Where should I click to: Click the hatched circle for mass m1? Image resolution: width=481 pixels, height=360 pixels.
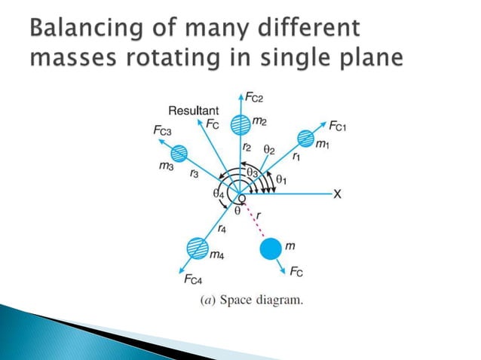305,139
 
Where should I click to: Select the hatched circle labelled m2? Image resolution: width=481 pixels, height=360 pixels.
240,124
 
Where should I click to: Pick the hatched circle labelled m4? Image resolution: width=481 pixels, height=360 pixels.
195,248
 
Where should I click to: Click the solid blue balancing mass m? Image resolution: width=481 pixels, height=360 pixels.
271,247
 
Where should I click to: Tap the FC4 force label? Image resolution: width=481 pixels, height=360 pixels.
193,280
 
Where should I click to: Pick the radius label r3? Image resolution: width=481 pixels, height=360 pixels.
195,174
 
